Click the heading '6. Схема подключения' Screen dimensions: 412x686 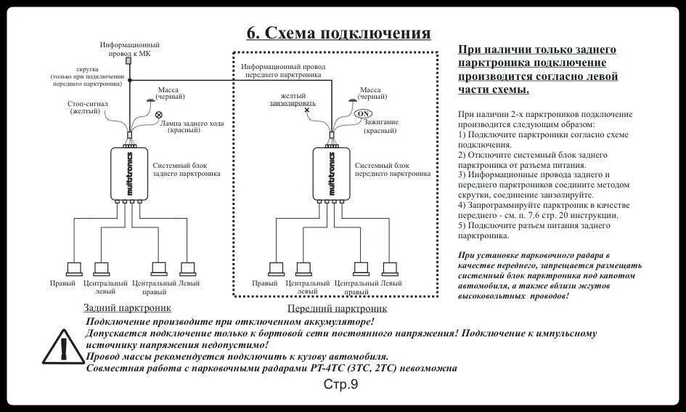[338, 33]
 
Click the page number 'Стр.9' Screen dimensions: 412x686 [340, 384]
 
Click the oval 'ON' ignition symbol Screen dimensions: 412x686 [363, 113]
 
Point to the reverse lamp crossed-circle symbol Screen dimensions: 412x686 [159, 114]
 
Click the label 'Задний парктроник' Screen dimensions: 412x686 [127, 307]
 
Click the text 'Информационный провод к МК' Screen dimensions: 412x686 [130, 49]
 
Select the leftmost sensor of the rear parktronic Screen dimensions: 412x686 [74, 267]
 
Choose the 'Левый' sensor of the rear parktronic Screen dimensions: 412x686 [188, 267]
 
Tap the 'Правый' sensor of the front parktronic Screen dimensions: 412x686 [277, 267]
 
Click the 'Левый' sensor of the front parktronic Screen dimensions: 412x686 [391, 267]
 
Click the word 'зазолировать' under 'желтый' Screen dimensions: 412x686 [288, 103]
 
